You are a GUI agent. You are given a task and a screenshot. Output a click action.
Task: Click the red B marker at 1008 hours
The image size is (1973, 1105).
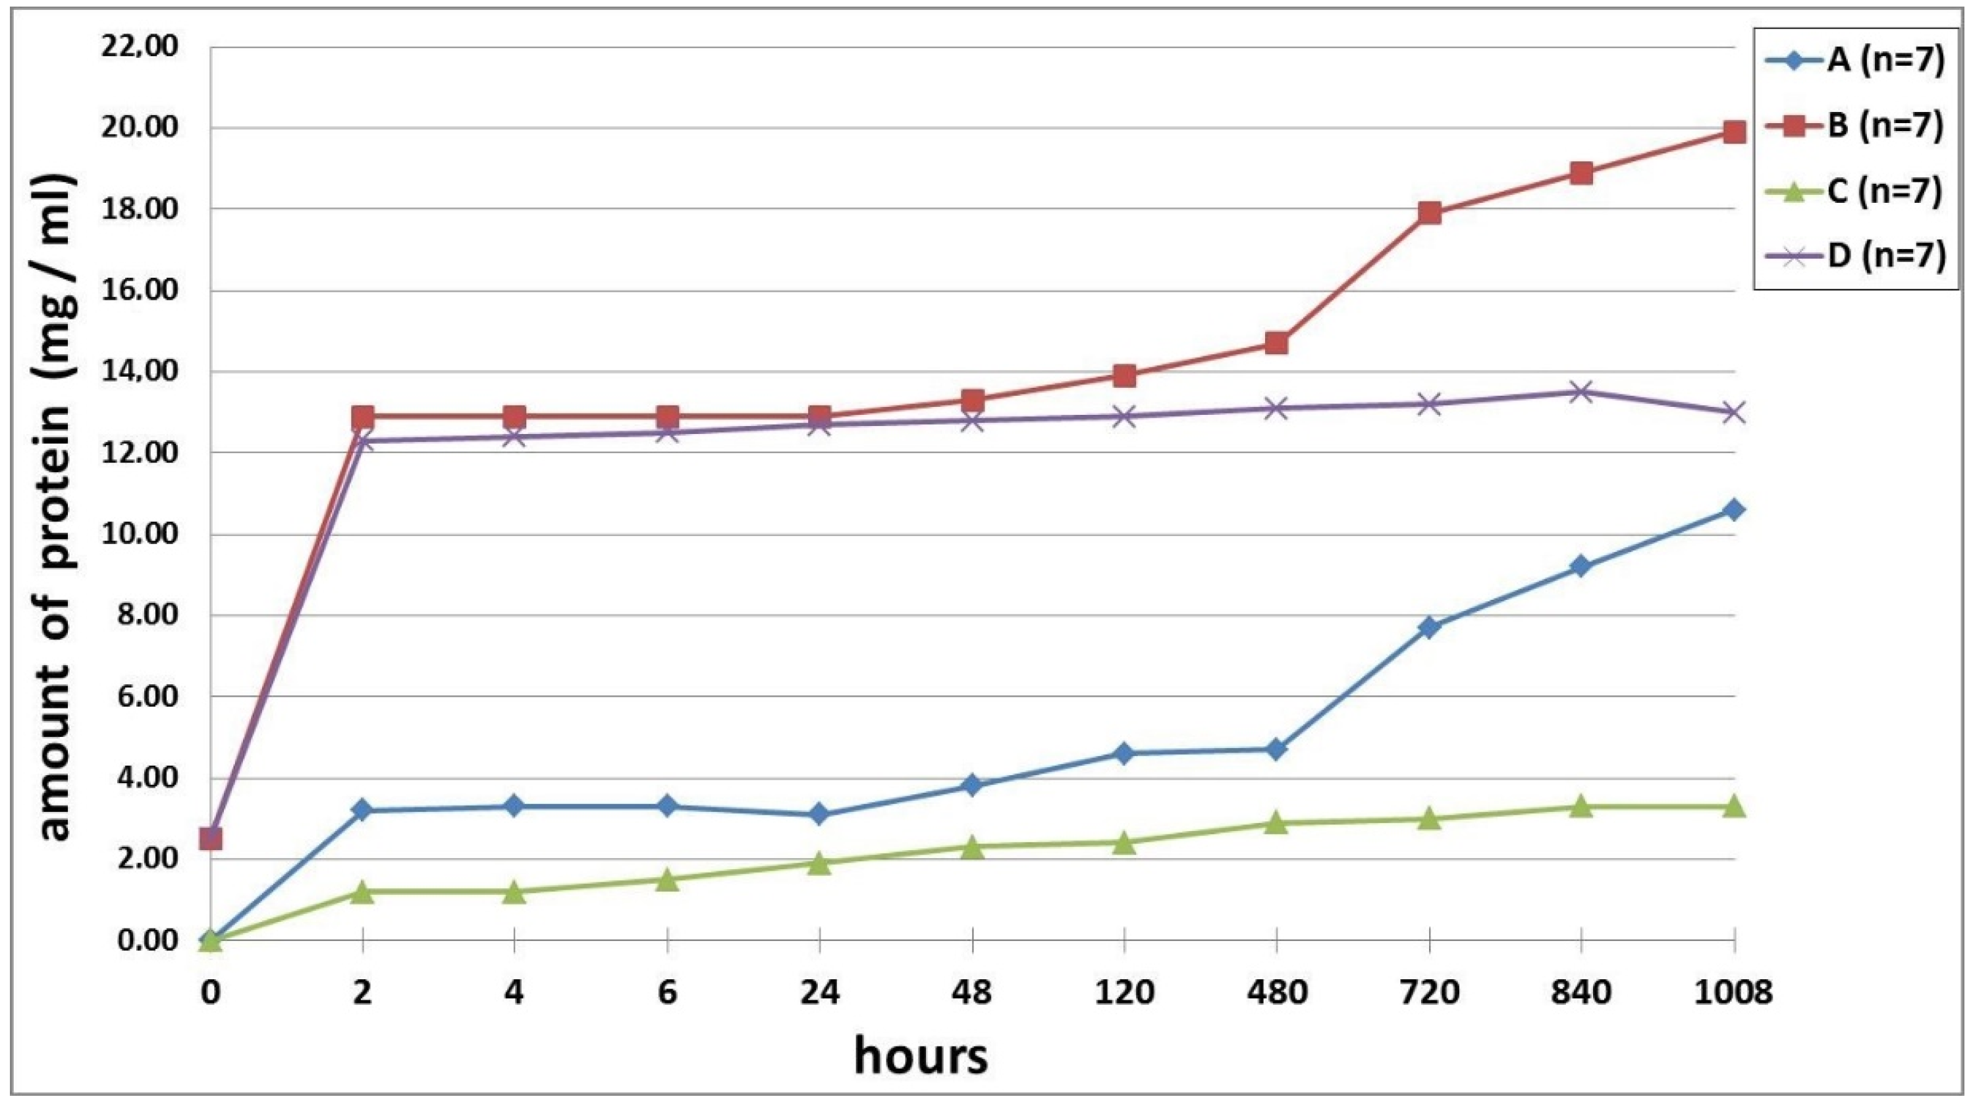1734,132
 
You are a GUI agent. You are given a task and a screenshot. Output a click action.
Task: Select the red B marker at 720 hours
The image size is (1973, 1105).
1429,213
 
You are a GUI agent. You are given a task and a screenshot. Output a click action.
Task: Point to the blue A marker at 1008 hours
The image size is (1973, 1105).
1734,509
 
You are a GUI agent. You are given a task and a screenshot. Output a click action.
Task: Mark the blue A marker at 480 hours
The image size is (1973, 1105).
1276,749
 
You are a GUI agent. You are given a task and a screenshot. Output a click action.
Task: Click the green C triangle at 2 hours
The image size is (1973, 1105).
362,892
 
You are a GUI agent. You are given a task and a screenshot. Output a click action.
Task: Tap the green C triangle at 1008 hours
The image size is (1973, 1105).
1734,805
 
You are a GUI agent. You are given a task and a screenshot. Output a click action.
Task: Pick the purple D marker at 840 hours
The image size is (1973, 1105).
1581,392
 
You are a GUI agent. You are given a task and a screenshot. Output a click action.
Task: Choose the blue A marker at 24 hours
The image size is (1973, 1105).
819,814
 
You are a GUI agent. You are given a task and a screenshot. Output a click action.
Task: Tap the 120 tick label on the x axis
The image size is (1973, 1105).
1123,993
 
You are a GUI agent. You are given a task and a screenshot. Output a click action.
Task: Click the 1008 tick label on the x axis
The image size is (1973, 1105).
1734,993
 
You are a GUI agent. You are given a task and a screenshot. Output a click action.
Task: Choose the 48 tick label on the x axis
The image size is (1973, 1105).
972,993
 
